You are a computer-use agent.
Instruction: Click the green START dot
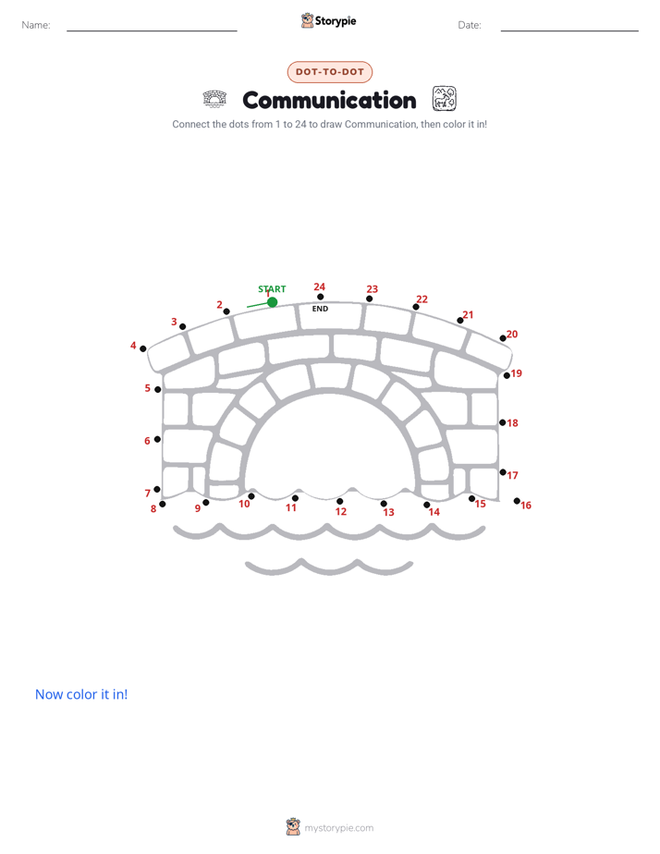pos(273,301)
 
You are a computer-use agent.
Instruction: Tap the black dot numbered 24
pos(320,297)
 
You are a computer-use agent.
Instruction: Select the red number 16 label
pos(526,506)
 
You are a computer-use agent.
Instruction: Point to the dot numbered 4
pos(142,348)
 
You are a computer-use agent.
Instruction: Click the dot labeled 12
pos(340,501)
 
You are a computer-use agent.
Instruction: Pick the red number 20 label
pos(512,334)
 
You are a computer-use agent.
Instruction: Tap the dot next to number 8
pos(163,504)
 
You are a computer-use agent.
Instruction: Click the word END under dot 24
pos(320,309)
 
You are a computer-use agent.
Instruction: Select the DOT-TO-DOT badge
pos(329,72)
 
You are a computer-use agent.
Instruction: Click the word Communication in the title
pos(329,101)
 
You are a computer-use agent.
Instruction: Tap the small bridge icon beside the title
pos(214,99)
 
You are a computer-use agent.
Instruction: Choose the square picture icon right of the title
pos(445,99)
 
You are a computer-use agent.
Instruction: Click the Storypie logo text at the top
pos(336,21)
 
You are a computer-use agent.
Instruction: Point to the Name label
pos(36,25)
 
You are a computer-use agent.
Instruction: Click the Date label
pos(470,25)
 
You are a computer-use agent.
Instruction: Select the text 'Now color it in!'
pos(81,694)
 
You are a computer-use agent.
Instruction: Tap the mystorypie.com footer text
pos(338,828)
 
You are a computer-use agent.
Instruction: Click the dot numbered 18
pos(502,422)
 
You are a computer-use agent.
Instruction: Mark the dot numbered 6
pos(157,439)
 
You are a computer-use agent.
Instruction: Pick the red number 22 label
pos(422,299)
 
